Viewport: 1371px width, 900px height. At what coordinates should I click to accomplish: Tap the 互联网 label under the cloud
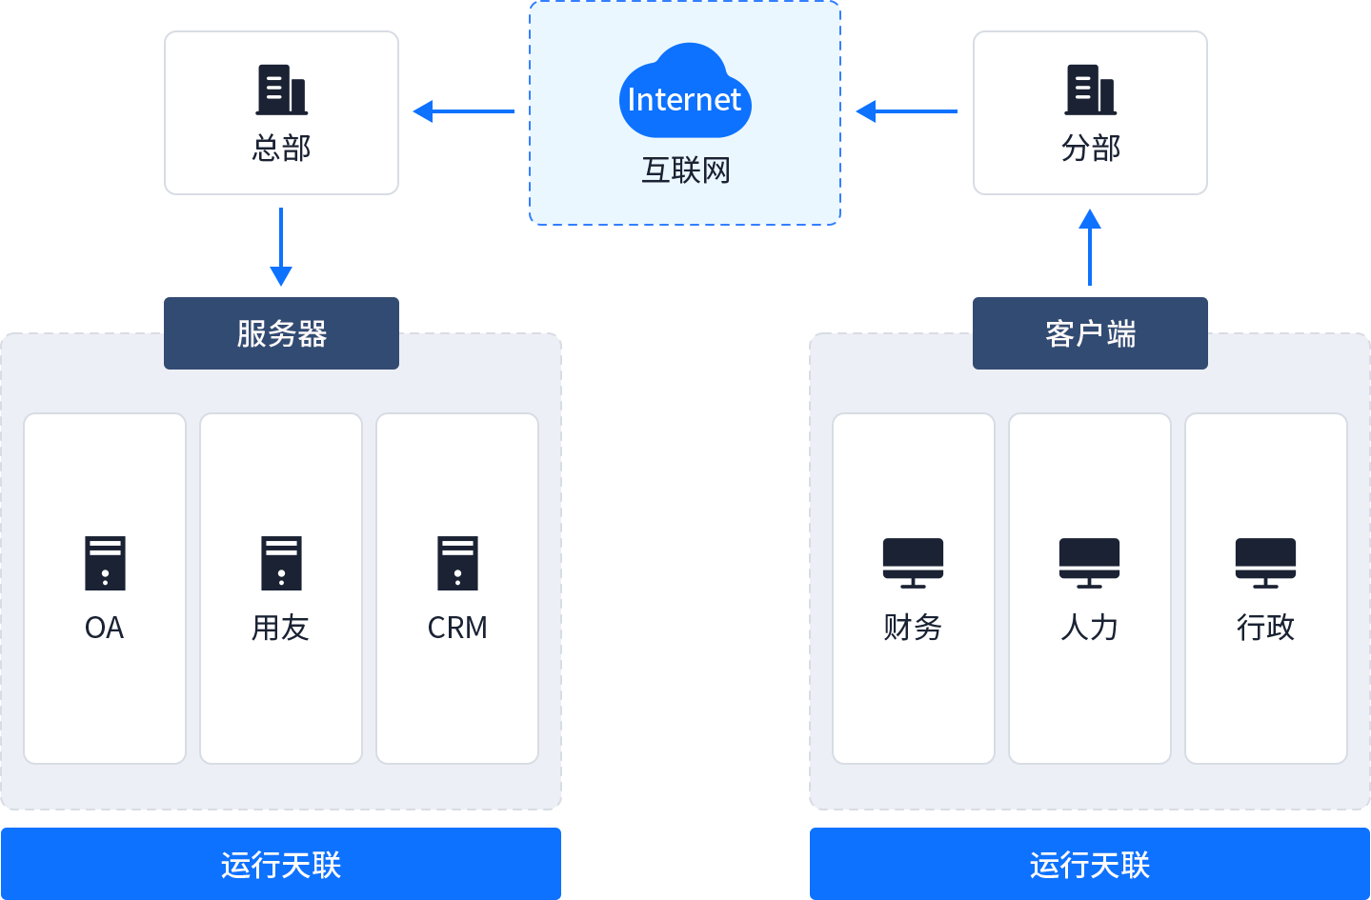point(685,170)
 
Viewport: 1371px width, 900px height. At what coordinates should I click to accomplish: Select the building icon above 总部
point(281,90)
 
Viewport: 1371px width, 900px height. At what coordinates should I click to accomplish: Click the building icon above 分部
point(1090,90)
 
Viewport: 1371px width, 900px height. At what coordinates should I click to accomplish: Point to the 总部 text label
point(281,149)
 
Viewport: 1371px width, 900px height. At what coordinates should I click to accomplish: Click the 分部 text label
point(1090,149)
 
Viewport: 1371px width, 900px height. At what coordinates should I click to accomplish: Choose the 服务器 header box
point(281,332)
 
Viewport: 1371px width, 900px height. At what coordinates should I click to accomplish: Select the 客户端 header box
point(1090,332)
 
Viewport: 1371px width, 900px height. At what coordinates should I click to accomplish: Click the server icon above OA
point(105,563)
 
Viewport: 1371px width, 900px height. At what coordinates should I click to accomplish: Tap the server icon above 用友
point(281,563)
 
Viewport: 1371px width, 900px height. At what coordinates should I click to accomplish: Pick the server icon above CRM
point(457,563)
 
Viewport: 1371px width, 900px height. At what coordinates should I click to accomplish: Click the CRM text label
point(457,628)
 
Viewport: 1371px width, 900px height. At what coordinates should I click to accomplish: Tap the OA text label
point(105,628)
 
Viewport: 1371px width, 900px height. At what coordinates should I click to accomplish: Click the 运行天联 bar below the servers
point(281,864)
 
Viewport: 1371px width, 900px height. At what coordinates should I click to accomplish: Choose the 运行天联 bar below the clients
point(1089,864)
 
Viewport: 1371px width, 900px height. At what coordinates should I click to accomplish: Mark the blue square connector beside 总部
point(422,111)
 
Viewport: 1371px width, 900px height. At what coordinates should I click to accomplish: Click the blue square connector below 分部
point(1090,219)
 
